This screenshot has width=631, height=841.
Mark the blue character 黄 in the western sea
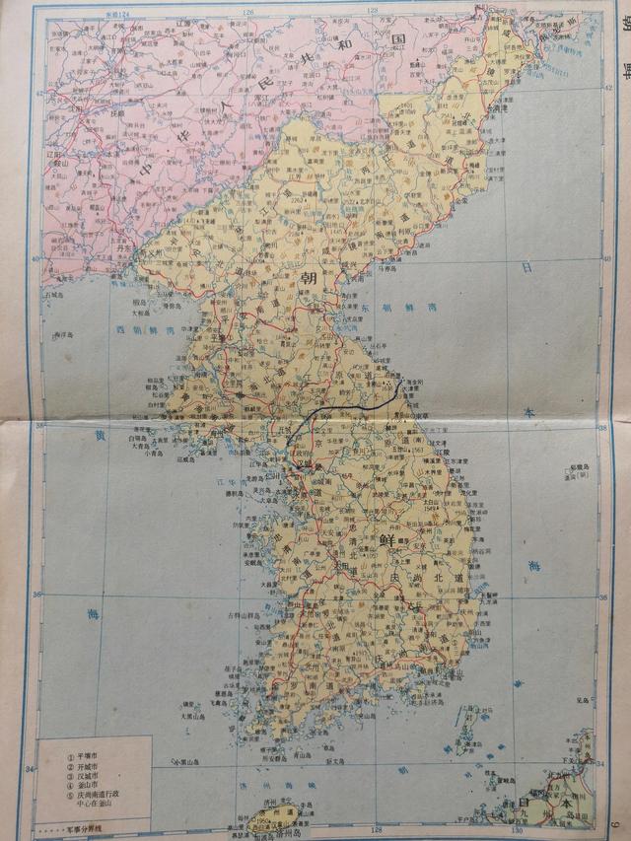coord(98,435)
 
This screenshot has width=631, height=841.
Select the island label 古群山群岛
coord(245,615)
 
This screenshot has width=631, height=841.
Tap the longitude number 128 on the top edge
coord(374,9)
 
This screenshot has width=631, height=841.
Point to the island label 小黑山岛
coord(183,762)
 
